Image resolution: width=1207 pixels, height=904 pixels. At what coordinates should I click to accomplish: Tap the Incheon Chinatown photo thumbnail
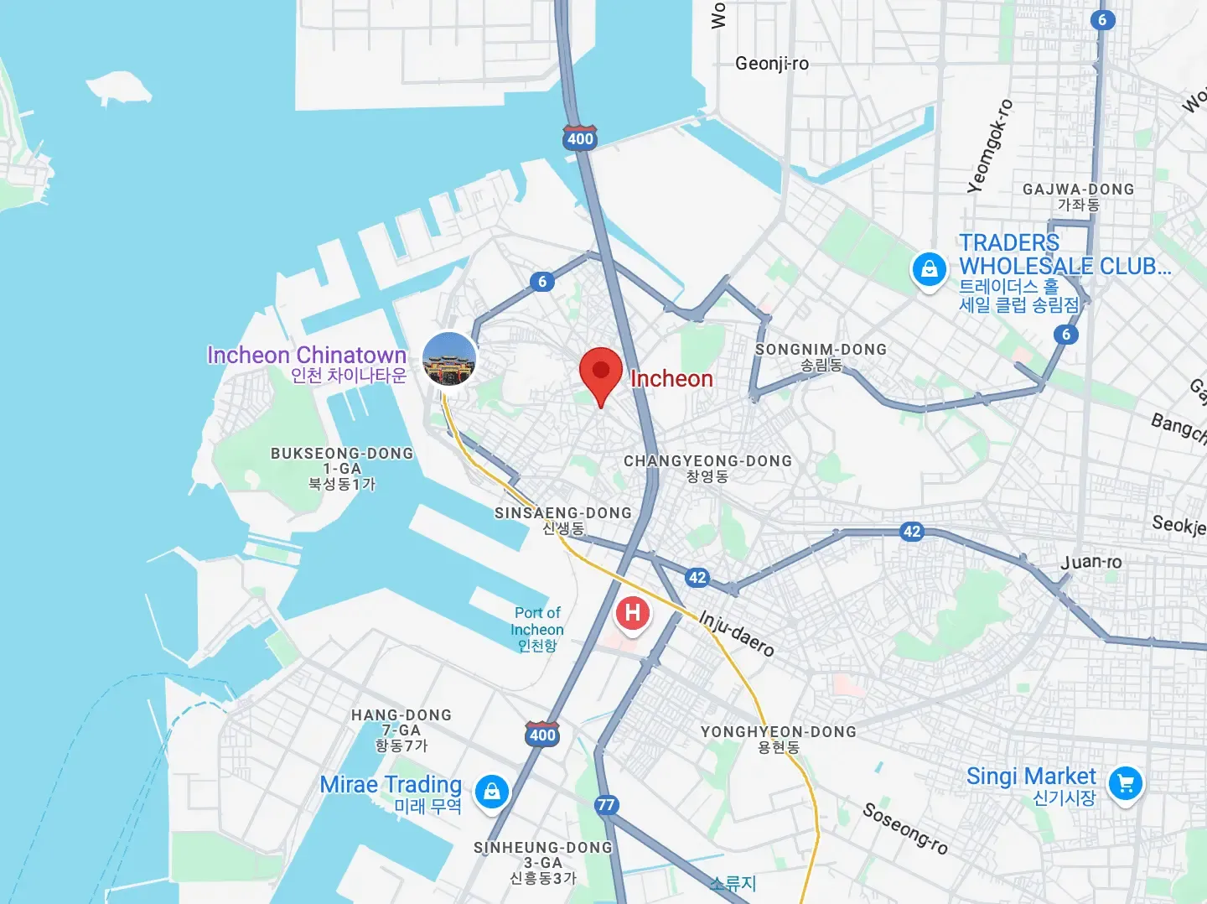click(x=449, y=359)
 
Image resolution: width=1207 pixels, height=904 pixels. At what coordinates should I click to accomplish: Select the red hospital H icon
click(x=632, y=613)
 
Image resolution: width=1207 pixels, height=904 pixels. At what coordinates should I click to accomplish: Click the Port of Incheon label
click(x=537, y=629)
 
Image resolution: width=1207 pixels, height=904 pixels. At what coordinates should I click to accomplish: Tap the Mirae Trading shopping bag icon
click(x=492, y=791)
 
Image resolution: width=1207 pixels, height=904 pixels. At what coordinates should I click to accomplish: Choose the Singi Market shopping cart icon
click(x=1125, y=784)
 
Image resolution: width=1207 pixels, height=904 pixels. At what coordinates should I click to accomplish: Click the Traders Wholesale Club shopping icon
click(x=929, y=270)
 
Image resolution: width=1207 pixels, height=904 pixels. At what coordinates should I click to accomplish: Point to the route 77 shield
click(x=606, y=805)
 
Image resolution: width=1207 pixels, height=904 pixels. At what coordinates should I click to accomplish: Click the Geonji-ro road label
click(x=772, y=64)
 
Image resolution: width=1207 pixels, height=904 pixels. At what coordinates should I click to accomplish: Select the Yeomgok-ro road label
click(x=990, y=147)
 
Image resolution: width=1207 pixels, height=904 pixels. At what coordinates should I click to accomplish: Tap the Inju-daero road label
click(x=737, y=633)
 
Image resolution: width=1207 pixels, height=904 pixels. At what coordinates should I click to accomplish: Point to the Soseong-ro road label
click(x=905, y=829)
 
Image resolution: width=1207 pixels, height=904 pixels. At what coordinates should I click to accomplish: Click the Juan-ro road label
click(x=1090, y=562)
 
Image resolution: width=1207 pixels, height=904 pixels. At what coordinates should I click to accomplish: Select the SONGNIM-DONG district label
click(x=821, y=356)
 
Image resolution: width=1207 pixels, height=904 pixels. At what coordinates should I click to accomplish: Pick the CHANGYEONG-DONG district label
click(x=707, y=468)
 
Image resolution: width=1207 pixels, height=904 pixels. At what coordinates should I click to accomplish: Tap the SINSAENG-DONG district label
click(x=562, y=520)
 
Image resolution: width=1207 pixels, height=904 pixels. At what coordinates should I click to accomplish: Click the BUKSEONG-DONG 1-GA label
click(x=342, y=468)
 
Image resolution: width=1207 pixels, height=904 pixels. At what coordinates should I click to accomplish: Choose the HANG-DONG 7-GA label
click(x=401, y=730)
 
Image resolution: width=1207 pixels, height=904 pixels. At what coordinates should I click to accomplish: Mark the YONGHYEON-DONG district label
click(x=779, y=739)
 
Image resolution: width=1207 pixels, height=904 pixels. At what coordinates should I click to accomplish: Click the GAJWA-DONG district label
click(x=1078, y=196)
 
